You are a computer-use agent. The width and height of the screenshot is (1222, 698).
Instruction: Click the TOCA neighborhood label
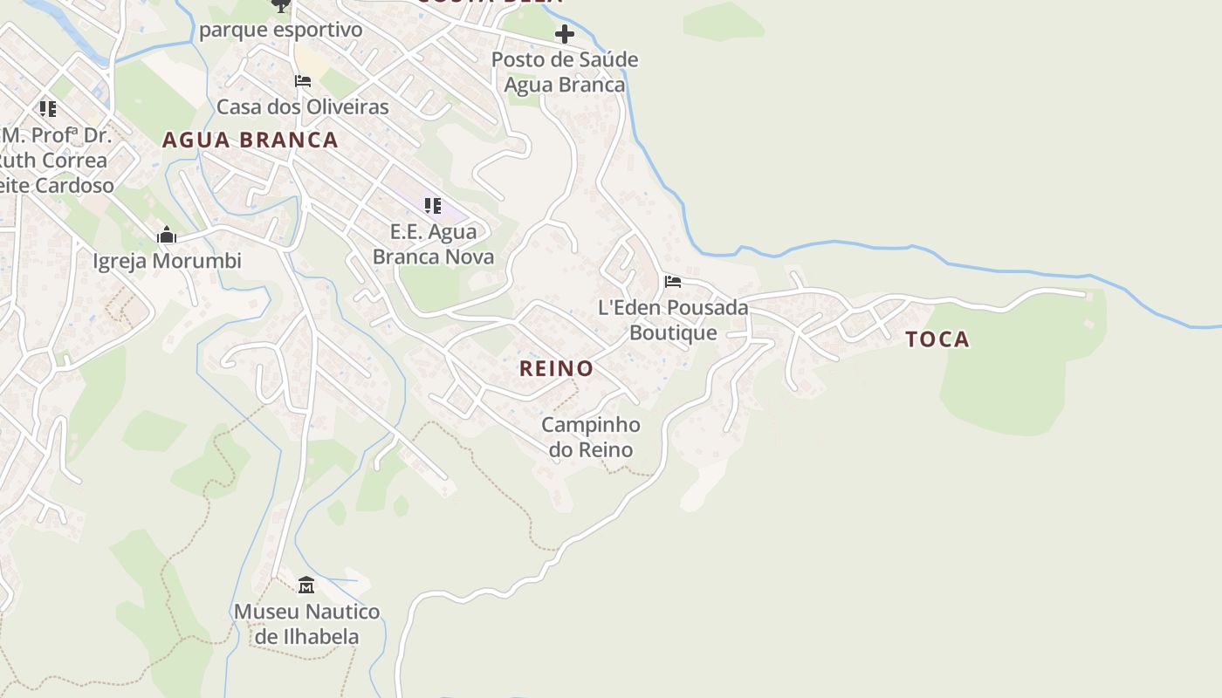point(937,339)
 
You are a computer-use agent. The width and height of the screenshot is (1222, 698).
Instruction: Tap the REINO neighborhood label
point(556,368)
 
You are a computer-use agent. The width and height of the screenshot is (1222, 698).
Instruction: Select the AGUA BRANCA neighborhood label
point(250,140)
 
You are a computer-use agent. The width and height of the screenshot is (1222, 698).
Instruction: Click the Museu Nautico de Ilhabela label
point(306,624)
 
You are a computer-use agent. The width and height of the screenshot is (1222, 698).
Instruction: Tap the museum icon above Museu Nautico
point(305,585)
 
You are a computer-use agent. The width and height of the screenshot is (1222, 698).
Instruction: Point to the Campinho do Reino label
point(591,437)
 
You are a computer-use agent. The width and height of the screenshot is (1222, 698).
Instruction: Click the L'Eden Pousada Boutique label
point(673,320)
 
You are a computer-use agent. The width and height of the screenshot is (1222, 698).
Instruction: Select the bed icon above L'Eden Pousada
point(672,282)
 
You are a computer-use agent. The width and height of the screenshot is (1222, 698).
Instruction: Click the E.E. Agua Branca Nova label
point(433,244)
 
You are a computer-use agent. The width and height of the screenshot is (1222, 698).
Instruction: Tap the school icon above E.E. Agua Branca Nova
point(432,206)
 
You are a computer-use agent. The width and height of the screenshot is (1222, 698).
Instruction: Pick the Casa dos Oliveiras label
point(302,107)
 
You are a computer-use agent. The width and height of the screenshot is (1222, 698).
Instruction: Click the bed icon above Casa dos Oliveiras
point(302,81)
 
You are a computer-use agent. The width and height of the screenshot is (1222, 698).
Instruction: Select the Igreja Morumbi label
point(167,261)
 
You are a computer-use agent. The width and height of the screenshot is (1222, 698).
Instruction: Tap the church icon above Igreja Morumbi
point(166,235)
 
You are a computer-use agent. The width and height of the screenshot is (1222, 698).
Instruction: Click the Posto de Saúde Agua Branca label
point(565,72)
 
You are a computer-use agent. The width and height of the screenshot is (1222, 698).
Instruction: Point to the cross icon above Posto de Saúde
point(565,34)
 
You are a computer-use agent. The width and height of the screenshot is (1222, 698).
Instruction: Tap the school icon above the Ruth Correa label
point(47,109)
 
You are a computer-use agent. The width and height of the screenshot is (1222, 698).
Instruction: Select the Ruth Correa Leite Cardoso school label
point(54,161)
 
